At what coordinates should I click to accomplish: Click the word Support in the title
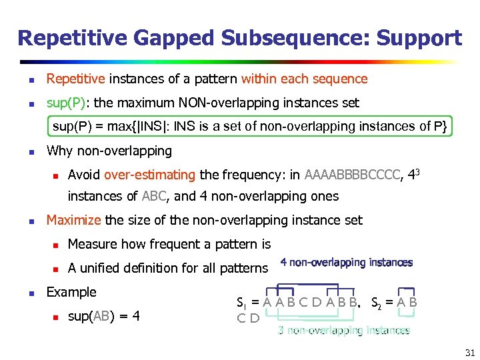[x=419, y=38]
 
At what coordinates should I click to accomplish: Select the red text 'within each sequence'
[x=305, y=79]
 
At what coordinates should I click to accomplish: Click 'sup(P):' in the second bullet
[x=69, y=103]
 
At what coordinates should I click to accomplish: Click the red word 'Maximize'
[x=73, y=220]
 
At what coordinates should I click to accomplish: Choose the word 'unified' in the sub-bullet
[x=103, y=268]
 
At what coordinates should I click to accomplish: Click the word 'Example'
[x=71, y=292]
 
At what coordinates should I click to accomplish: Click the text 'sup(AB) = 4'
[x=104, y=316]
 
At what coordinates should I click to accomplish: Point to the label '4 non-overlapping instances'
[x=346, y=263]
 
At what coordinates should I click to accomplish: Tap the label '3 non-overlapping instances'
[x=343, y=331]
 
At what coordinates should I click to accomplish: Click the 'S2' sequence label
[x=376, y=301]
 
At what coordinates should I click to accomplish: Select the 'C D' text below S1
[x=248, y=317]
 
